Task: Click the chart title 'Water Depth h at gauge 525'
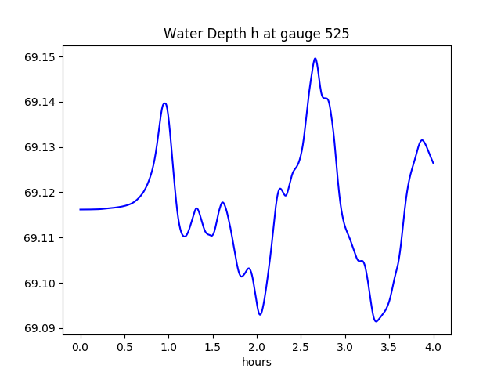click(256, 34)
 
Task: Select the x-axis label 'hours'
click(256, 362)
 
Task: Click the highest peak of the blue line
click(315, 58)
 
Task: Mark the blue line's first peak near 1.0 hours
click(164, 103)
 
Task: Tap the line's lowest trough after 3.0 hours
click(376, 321)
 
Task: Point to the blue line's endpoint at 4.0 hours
click(433, 163)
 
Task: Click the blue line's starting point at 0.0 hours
click(81, 209)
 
